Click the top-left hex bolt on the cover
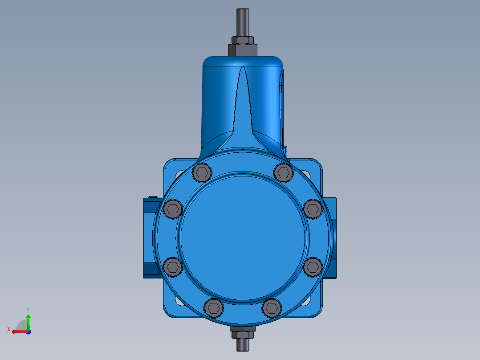(x=202, y=173)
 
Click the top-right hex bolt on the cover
(x=283, y=172)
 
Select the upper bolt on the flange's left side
(x=173, y=209)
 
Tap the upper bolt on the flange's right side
(x=313, y=209)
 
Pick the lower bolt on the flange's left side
(x=173, y=267)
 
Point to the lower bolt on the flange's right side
(x=313, y=267)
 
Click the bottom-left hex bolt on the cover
(x=214, y=308)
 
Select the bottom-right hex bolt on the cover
(x=272, y=308)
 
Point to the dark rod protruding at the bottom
(x=243, y=344)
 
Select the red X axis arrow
(x=18, y=331)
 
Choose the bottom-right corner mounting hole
(x=306, y=302)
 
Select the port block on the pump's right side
(x=333, y=238)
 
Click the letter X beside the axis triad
(x=8, y=329)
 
